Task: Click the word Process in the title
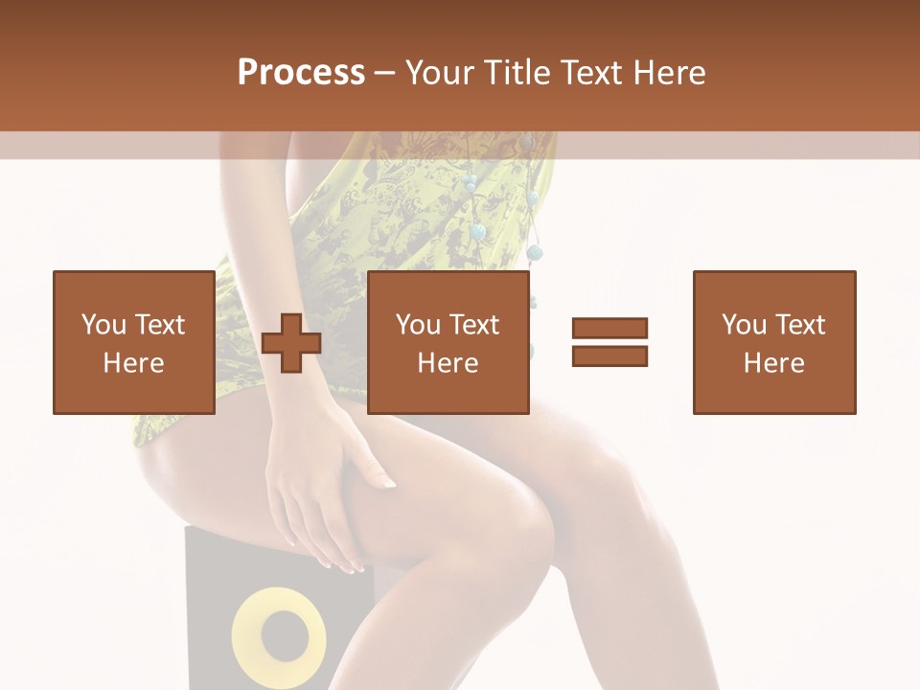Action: (301, 73)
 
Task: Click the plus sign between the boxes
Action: (291, 342)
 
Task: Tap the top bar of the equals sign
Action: (609, 328)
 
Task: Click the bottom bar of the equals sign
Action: (609, 356)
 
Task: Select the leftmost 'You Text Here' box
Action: (133, 342)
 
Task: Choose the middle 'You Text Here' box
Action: (448, 342)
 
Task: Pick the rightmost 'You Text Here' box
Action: (773, 342)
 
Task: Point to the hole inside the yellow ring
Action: (279, 633)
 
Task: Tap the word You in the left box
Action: (103, 325)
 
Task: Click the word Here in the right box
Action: (773, 363)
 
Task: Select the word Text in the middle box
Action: (475, 325)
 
